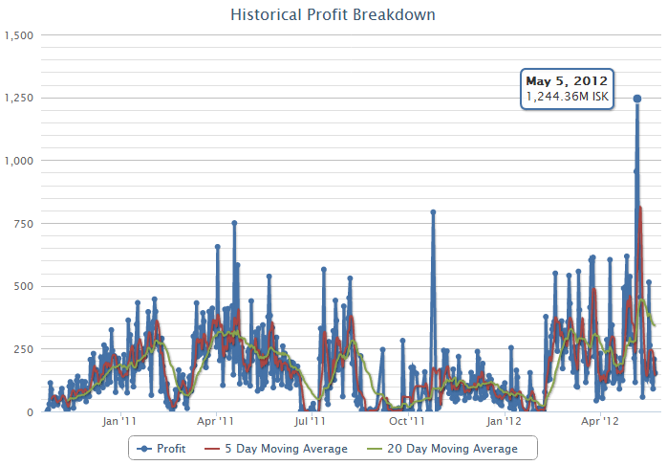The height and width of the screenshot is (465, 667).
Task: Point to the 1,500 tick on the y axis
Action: click(x=19, y=35)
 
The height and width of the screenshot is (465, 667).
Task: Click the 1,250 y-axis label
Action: click(x=19, y=98)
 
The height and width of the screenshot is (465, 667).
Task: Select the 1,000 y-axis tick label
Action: click(x=19, y=161)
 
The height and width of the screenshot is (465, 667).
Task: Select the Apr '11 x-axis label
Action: click(x=215, y=420)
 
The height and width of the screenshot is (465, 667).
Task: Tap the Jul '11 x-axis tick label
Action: click(x=308, y=420)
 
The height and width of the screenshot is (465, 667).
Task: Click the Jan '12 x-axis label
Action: click(x=504, y=420)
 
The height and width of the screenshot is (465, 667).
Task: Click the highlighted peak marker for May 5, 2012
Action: click(x=637, y=99)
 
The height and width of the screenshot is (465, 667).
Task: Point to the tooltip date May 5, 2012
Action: click(x=567, y=80)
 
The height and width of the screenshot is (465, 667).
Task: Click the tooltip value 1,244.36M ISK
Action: click(x=567, y=97)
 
